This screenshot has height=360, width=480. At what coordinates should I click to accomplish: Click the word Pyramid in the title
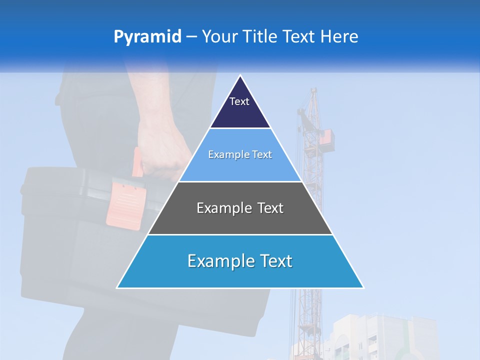(x=147, y=37)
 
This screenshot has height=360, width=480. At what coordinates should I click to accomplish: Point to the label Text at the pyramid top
(x=239, y=101)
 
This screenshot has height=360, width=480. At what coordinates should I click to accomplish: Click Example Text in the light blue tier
(x=240, y=154)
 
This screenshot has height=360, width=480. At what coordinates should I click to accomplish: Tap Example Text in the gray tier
(x=240, y=208)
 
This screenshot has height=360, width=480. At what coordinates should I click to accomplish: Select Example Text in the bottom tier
(x=240, y=261)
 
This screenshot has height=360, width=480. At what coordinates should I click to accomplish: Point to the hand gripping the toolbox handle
(x=160, y=145)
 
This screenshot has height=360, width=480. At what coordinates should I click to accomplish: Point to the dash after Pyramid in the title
(x=191, y=37)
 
